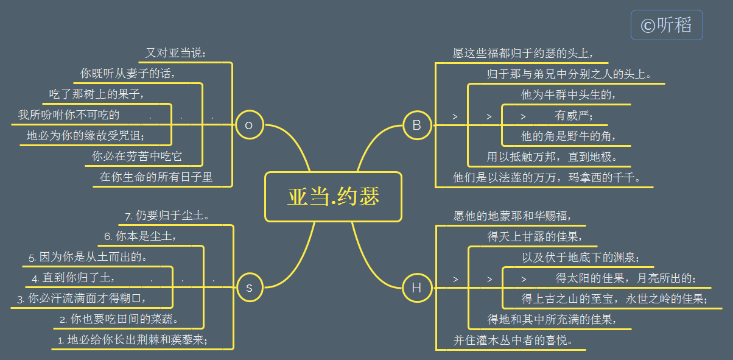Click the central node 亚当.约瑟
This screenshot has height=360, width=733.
pyautogui.click(x=333, y=197)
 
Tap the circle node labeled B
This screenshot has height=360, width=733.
pyautogui.click(x=417, y=125)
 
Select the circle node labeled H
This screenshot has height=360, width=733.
pyautogui.click(x=417, y=288)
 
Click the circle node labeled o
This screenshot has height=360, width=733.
pyautogui.click(x=248, y=125)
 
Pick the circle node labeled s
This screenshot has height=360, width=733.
pyautogui.click(x=248, y=288)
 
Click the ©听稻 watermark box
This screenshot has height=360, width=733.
pyautogui.click(x=667, y=25)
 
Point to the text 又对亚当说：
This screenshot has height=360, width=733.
pyautogui.click(x=177, y=54)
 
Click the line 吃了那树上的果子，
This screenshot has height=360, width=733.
pyautogui.click(x=97, y=94)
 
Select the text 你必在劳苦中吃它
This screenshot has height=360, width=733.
pyautogui.click(x=137, y=157)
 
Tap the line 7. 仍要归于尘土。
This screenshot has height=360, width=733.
pyautogui.click(x=167, y=216)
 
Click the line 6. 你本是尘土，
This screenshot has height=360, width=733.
pyautogui.click(x=141, y=237)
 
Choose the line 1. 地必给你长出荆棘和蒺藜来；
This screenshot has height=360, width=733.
pyautogui.click(x=133, y=340)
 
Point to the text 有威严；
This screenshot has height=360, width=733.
pyautogui.click(x=574, y=115)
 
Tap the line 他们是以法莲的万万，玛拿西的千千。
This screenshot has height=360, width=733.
pyautogui.click(x=546, y=177)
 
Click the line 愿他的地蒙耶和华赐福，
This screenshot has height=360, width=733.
pyautogui.click(x=512, y=216)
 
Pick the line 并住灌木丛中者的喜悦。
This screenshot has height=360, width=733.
pyautogui.click(x=513, y=340)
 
